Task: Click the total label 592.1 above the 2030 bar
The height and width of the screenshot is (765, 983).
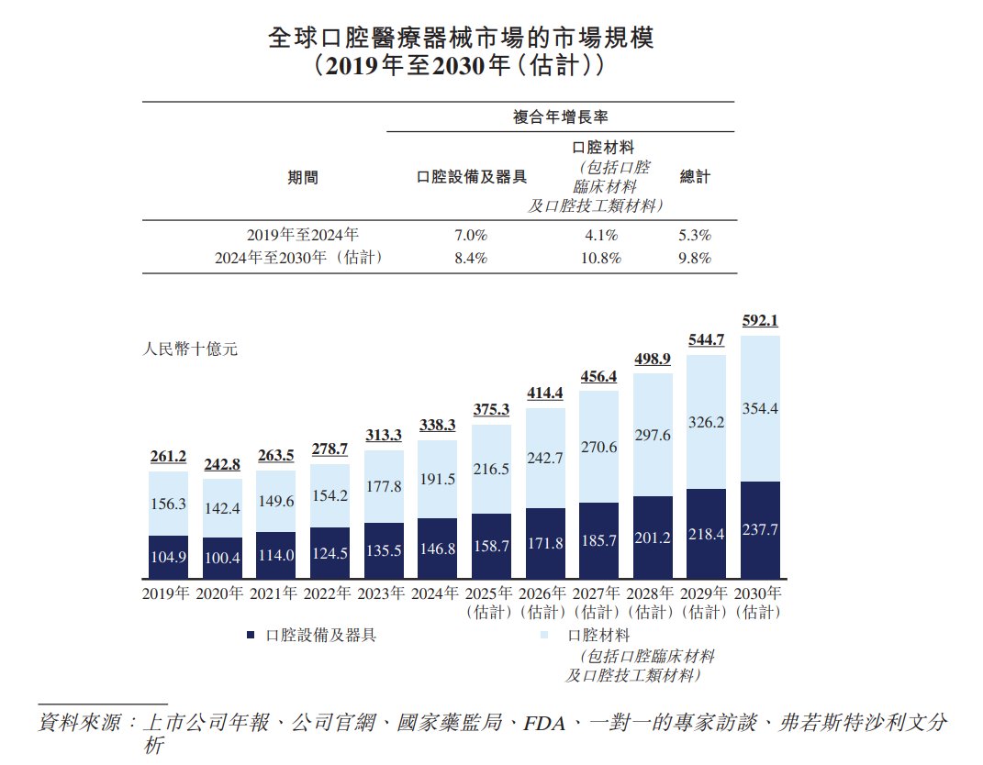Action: tap(759, 321)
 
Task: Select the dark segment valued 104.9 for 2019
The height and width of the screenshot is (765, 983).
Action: tap(168, 557)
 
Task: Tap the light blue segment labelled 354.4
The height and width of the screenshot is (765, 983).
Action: tap(759, 408)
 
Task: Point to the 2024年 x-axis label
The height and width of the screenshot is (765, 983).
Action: tap(436, 593)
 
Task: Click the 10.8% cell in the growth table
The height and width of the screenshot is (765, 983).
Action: tap(603, 259)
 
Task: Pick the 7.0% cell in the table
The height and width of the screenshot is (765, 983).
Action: tap(471, 235)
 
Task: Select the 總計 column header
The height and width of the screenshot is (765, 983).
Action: tap(695, 176)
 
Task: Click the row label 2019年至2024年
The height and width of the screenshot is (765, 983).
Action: tap(303, 235)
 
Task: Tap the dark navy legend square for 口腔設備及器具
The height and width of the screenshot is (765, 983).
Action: tap(251, 636)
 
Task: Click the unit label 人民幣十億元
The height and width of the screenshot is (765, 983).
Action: tap(191, 349)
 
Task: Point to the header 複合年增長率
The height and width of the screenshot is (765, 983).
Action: tap(561, 116)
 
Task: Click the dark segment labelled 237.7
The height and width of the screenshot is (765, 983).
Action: tap(759, 529)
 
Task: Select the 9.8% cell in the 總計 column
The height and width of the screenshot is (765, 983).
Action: tap(695, 259)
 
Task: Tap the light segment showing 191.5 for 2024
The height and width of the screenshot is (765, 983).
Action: tap(436, 479)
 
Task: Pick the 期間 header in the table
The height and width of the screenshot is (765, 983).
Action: tap(303, 177)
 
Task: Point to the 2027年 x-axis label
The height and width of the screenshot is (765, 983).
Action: tap(598, 593)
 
